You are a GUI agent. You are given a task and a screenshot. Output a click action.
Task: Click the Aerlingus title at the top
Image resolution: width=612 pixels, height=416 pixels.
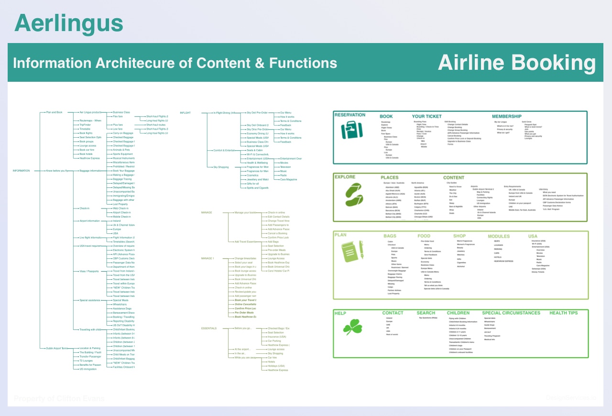click(69, 23)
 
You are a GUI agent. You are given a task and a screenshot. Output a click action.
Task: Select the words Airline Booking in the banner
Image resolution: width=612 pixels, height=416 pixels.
click(517, 63)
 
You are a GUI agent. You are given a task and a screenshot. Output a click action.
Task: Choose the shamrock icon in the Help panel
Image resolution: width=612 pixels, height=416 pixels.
click(353, 328)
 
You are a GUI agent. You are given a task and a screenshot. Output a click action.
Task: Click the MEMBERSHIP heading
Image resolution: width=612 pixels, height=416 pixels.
click(506, 116)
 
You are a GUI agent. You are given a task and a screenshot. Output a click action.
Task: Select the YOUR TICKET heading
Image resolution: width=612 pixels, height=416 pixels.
click(427, 116)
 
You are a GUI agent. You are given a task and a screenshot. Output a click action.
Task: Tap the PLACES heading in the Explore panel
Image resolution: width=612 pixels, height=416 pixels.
click(389, 177)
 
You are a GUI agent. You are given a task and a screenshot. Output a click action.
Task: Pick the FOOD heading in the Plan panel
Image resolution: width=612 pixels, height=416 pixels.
click(424, 236)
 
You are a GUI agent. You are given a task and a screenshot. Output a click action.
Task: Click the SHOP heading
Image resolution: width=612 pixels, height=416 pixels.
click(459, 236)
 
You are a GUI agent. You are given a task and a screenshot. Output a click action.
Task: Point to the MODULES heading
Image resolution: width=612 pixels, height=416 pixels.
click(499, 236)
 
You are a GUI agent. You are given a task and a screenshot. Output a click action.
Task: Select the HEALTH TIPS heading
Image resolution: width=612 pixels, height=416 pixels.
click(563, 313)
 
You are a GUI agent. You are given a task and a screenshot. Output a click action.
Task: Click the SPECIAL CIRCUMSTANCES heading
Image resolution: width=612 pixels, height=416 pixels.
click(511, 313)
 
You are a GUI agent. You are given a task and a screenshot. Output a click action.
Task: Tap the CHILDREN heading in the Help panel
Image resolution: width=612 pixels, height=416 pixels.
click(458, 313)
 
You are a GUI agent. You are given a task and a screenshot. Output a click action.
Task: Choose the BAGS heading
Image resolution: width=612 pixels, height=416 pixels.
click(390, 236)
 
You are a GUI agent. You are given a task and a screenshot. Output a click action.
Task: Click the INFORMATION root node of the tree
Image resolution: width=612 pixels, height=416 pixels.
click(21, 171)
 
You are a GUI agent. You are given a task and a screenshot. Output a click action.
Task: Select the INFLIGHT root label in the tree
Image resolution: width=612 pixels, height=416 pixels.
click(185, 113)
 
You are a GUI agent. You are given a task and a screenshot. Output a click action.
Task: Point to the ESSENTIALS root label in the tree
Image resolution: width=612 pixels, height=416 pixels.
click(208, 328)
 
